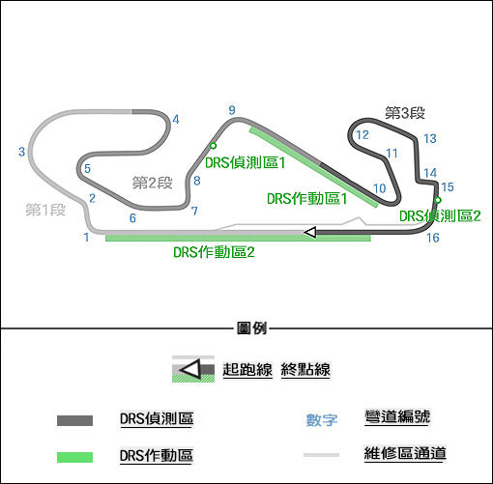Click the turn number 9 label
pos(232,110)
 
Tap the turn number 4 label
pos(176,120)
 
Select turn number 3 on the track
pos(21,152)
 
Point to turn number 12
pos(362,135)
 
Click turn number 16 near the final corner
pos(433,238)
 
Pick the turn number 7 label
pos(194,211)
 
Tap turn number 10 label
pos(380,188)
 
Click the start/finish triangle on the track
pos(310,232)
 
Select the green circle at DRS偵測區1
pos(213,146)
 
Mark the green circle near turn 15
pos(438,200)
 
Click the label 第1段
pos(45,210)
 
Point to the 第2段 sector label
pos(153,183)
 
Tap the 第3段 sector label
pos(405,113)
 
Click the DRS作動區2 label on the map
pos(214,252)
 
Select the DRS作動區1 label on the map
pos(307,198)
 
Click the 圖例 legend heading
pos(251,328)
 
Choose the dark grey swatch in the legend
pos(74,420)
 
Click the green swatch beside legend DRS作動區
pos(74,457)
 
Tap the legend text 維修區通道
pos(405,454)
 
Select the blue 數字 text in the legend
pos(322,420)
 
